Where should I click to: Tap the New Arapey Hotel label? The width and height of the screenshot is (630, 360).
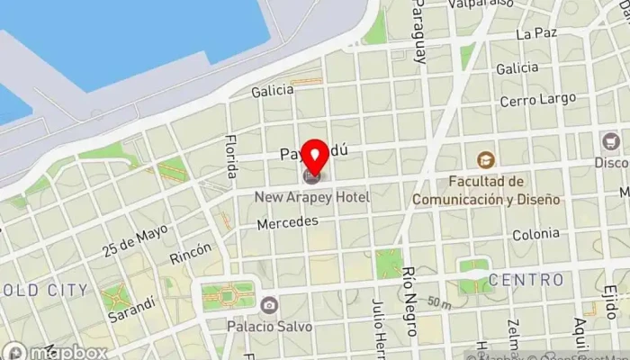[311, 197]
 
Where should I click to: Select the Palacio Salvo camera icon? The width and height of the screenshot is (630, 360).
[269, 304]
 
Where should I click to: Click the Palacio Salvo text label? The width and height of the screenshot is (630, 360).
[269, 326]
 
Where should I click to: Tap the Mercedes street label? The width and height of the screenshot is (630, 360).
[288, 221]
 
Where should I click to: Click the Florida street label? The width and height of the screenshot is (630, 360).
[232, 155]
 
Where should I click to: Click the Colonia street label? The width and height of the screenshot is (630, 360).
[535, 235]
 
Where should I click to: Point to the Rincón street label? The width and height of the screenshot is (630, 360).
[191, 254]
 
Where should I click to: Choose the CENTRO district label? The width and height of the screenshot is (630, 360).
[526, 280]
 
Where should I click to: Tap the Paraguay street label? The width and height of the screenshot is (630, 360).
[419, 31]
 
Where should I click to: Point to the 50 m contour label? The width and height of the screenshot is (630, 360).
[439, 304]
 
